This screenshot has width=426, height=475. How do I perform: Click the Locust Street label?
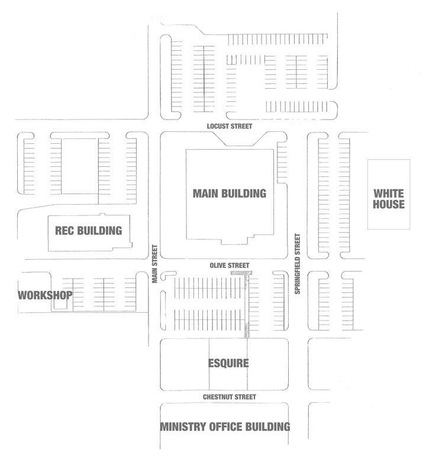[x=230, y=126]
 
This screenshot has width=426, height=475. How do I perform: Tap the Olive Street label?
[x=230, y=266]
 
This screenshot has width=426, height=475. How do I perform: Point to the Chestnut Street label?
[x=230, y=397]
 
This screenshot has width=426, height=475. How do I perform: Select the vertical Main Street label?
[x=155, y=264]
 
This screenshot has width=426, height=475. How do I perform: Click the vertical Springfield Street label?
[x=298, y=264]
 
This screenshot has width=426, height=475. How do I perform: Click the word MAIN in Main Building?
[x=206, y=193]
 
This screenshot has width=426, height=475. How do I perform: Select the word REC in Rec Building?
[x=64, y=231]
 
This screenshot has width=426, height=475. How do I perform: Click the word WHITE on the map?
[x=389, y=193]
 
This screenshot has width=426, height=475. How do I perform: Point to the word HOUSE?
[x=389, y=204]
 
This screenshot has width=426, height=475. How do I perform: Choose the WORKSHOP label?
[x=45, y=295]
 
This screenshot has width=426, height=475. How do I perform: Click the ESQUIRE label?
[x=228, y=363]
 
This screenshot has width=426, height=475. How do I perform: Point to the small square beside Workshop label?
[x=60, y=305]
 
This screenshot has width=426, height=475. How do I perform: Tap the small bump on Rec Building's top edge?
[x=103, y=215]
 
